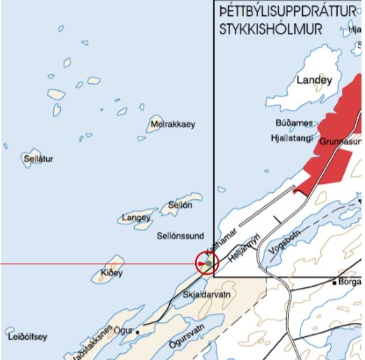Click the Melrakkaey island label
click(x=172, y=125)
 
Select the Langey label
click(x=136, y=218)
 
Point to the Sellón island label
click(x=180, y=205)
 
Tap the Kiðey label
click(x=111, y=272)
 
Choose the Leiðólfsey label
click(x=27, y=336)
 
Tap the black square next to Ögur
click(x=138, y=332)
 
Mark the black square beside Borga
click(x=334, y=282)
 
